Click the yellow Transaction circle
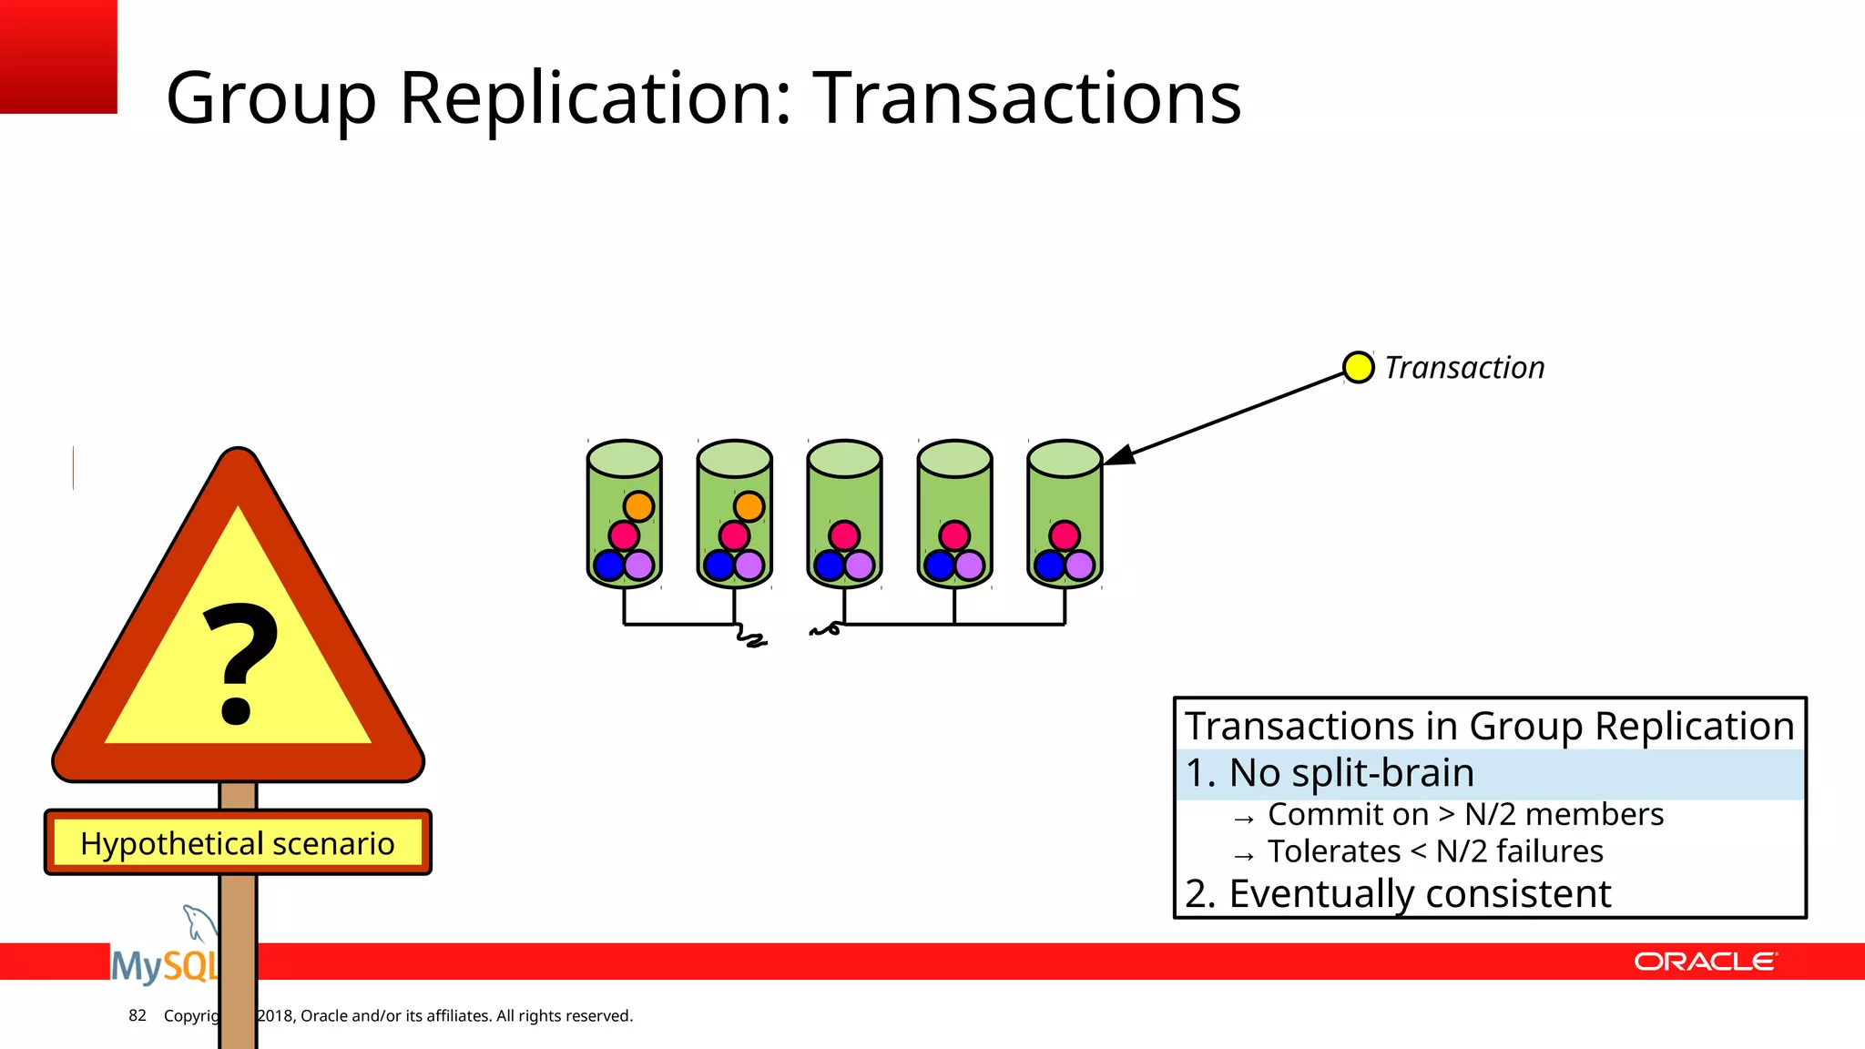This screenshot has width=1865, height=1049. point(1358,367)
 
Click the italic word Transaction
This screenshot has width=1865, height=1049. point(1464,368)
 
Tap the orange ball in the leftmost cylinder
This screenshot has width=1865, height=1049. point(638,506)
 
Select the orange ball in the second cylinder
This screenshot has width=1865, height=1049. point(749,506)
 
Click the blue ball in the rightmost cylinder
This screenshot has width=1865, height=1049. point(1050,565)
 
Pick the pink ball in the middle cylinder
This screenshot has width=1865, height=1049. point(844,535)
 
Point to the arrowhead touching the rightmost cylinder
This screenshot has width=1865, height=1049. point(1118,456)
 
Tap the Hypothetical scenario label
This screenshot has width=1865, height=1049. point(238,843)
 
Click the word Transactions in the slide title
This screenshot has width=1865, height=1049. point(1026,97)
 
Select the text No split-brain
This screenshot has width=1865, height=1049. point(1350,773)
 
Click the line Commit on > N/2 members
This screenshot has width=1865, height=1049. point(1464,814)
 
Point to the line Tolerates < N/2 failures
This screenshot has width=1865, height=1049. point(1434,851)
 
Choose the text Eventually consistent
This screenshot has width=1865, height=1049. point(1419,893)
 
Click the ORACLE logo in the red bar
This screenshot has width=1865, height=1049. point(1705,962)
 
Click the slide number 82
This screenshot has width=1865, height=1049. point(138,1015)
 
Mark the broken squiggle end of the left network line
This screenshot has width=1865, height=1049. point(751,638)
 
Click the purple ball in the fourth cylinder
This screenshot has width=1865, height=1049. point(969,565)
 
